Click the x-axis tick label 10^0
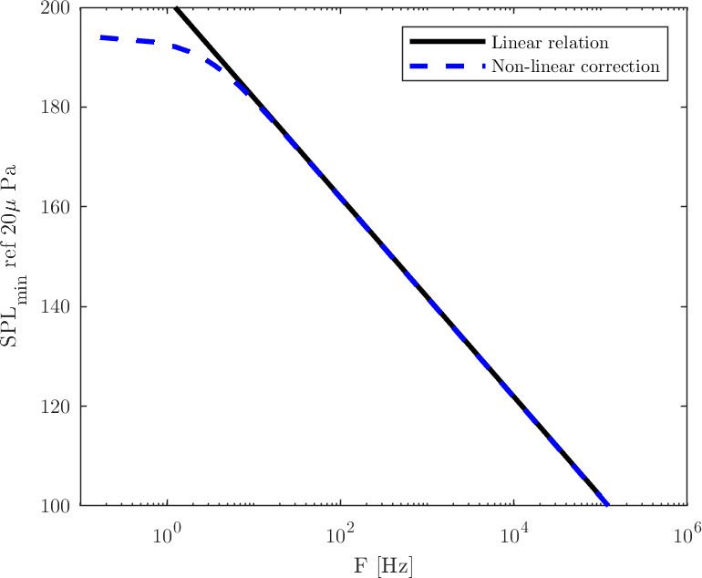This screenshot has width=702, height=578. click(168, 531)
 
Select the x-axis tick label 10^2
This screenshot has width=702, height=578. click(341, 531)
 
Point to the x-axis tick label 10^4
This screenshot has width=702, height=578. click(514, 531)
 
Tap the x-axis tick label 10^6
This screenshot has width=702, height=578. click(687, 531)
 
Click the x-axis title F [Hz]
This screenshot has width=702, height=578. click(384, 565)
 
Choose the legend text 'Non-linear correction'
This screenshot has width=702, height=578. click(575, 67)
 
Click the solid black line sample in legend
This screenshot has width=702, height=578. click(444, 43)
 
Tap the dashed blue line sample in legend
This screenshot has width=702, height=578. click(444, 67)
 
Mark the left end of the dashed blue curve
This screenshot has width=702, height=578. click(101, 37)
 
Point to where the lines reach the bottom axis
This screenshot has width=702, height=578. click(606, 504)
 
